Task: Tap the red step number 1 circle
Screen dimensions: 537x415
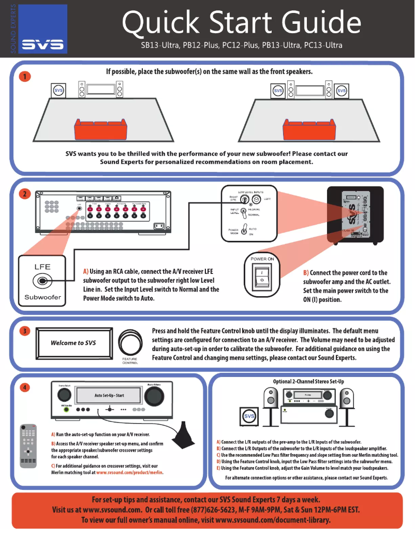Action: coord(23,77)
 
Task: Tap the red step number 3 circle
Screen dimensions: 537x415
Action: coord(23,332)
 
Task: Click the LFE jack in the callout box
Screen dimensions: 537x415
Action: coord(42,281)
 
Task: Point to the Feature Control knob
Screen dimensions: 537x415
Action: coord(129,343)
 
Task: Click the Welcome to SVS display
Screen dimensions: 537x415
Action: coord(73,343)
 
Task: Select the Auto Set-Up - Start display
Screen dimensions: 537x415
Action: coord(109,396)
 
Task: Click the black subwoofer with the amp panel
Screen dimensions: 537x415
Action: coord(355,213)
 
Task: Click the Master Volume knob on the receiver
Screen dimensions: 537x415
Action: coord(154,396)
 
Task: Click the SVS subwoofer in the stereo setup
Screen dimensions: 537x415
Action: coord(250,416)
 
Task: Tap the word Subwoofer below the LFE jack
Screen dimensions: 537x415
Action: coord(42,298)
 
